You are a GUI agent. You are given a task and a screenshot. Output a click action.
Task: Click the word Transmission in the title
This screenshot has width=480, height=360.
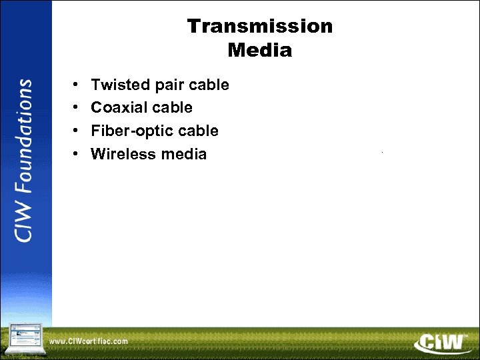[x=259, y=26]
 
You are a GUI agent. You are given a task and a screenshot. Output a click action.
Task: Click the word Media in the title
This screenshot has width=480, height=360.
[x=259, y=50]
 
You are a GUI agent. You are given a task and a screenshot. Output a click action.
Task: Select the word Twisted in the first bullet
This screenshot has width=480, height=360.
[x=117, y=85]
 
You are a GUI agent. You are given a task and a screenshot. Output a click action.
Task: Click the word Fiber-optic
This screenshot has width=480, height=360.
[x=131, y=131]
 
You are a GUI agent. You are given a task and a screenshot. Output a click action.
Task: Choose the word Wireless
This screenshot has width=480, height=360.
[x=121, y=154]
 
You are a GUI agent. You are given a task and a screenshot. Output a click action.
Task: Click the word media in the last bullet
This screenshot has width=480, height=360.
[x=181, y=154]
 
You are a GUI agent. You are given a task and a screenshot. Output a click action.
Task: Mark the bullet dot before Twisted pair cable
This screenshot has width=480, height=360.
[x=76, y=85]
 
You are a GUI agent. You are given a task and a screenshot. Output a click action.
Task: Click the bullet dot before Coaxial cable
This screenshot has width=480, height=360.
[x=76, y=108]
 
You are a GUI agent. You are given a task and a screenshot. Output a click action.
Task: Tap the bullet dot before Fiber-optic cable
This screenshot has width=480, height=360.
[x=76, y=131]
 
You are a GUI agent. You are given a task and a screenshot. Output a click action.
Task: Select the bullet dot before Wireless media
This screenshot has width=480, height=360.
[x=76, y=155]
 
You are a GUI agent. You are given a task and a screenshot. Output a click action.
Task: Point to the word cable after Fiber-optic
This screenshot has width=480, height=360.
[x=198, y=131]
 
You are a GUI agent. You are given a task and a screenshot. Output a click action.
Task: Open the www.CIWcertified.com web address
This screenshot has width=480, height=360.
[x=89, y=341]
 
